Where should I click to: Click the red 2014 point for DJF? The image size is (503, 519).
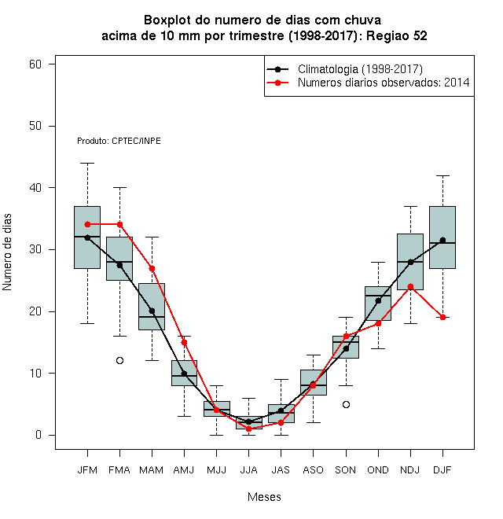442,317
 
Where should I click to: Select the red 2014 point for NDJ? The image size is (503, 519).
410,287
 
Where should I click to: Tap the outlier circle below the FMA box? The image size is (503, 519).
119,360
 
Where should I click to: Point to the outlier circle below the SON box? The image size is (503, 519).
346,404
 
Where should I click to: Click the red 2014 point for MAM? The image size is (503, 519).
152,268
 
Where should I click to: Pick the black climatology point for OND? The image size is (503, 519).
378,300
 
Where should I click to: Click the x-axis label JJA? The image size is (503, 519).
248,470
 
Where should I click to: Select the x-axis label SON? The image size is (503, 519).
346,470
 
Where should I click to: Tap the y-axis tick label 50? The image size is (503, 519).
35,126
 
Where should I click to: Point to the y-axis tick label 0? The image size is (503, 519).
39,435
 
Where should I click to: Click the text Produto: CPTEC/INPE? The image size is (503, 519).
119,141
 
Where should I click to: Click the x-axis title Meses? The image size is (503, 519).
264,497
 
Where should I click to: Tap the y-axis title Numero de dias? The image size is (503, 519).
7,252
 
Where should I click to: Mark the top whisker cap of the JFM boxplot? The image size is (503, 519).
87,164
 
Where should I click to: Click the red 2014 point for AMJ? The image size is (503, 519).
185,343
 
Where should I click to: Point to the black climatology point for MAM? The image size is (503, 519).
152,311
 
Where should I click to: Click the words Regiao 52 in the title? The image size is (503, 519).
396,35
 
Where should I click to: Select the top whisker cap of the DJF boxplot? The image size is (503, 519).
442,176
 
